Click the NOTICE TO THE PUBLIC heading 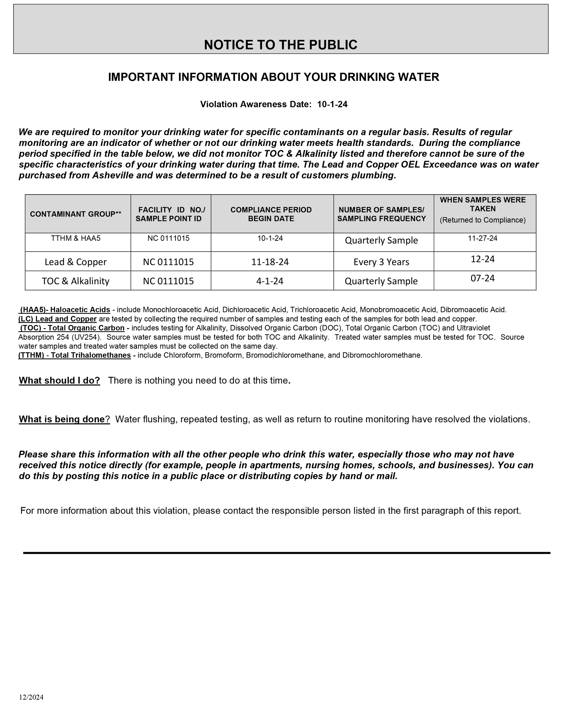(x=280, y=45)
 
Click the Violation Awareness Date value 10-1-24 (x=332, y=104)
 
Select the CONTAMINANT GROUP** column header (x=76, y=214)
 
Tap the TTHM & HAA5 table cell (x=76, y=238)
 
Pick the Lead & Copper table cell (x=76, y=262)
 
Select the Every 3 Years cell (x=381, y=262)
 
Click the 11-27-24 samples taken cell (x=482, y=238)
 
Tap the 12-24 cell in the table (x=482, y=259)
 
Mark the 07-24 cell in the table (x=482, y=278)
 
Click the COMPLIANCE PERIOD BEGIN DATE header (x=271, y=214)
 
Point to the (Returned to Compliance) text (x=482, y=220)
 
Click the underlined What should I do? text (x=59, y=381)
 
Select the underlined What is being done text (x=62, y=419)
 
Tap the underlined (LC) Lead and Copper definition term (x=58, y=319)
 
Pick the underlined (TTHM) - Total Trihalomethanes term (x=75, y=355)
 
